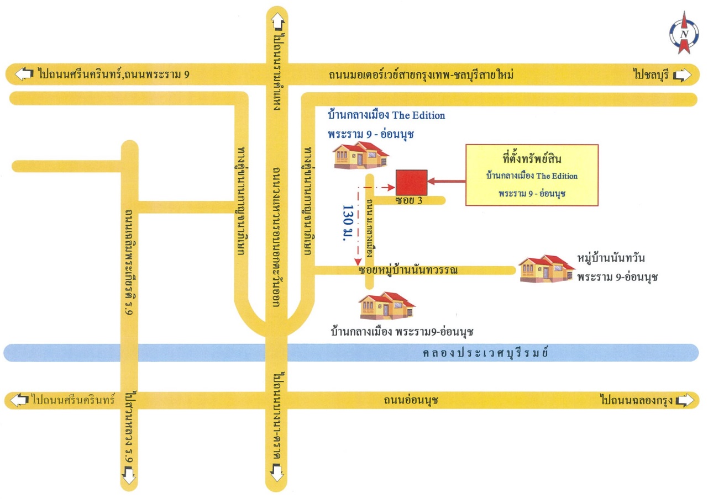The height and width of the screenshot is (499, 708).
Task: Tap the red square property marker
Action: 411,183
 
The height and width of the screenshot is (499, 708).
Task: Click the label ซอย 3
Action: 408,200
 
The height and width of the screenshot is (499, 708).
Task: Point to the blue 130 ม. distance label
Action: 348,223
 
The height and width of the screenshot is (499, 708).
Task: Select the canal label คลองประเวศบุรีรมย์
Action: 485,353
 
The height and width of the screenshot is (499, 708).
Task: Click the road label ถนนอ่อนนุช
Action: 411,400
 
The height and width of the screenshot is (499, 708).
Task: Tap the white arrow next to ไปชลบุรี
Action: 682,75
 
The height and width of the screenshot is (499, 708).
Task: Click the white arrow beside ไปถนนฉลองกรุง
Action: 685,401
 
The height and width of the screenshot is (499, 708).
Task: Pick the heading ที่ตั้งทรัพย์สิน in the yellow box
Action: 532,158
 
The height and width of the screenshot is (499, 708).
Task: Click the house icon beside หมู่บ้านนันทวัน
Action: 546,269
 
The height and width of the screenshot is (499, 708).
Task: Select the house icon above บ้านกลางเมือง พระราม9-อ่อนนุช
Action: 387,305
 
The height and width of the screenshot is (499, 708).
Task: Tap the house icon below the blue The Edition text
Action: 361,155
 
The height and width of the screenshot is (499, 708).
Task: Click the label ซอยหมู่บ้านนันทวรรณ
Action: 408,270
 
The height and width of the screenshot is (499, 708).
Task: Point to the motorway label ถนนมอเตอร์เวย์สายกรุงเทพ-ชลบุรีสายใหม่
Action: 421,75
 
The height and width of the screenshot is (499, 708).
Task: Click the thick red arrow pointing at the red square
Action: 446,182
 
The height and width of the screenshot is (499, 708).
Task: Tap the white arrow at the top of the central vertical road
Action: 278,22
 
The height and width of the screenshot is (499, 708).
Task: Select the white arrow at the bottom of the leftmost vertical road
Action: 129,475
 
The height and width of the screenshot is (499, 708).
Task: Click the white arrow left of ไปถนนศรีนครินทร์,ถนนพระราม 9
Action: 24,74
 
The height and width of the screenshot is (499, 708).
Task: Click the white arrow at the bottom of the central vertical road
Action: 277,472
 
